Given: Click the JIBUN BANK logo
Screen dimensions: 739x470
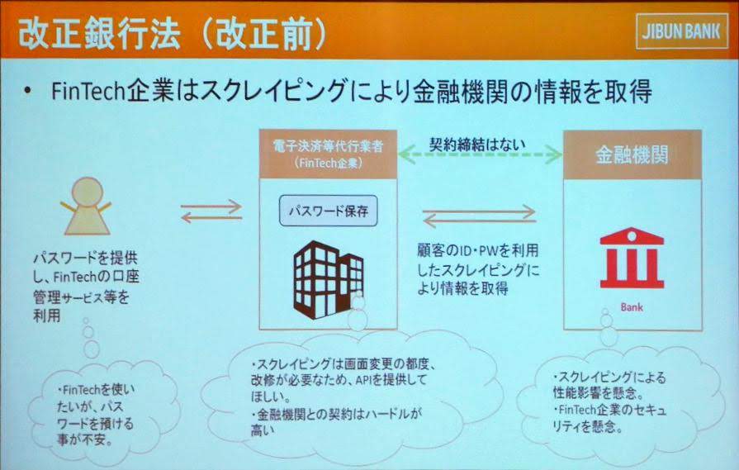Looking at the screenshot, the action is (x=681, y=32).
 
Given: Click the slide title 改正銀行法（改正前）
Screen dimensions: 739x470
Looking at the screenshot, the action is (x=173, y=34).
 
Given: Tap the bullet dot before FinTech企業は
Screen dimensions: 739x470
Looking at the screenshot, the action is (x=28, y=91).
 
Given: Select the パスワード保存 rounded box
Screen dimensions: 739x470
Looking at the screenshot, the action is (x=329, y=211).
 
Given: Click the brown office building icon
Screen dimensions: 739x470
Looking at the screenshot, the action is (x=329, y=279).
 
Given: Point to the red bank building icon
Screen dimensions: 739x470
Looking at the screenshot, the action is (x=632, y=259).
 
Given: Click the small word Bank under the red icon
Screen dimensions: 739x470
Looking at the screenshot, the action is (x=632, y=307).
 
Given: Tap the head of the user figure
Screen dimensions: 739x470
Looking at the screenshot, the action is (x=88, y=192).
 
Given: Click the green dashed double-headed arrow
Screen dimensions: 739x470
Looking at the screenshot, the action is (x=481, y=154).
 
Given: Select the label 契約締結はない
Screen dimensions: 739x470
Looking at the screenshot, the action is (x=477, y=144).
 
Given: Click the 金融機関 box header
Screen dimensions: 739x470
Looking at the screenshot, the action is (x=632, y=154).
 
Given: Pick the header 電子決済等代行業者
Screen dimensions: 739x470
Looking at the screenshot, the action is (x=328, y=146).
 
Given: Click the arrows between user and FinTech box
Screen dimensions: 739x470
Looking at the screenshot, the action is (x=211, y=211).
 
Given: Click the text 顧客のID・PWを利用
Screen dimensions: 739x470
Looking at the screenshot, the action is (x=477, y=250).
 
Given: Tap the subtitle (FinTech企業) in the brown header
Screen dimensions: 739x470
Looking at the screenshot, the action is (x=328, y=163).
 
